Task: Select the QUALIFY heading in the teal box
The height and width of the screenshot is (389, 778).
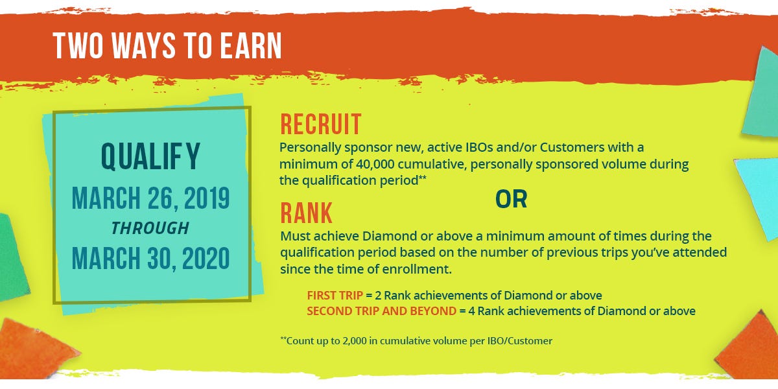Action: (x=150, y=157)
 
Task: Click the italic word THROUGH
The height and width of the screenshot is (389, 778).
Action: (x=150, y=228)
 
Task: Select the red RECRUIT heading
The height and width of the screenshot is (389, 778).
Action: (x=320, y=124)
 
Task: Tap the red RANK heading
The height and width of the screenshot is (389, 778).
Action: (x=306, y=213)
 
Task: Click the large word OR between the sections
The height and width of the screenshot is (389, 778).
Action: (x=511, y=199)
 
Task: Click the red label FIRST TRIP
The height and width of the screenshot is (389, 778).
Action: (x=335, y=295)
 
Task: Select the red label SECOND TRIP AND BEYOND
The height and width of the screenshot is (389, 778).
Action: (x=381, y=311)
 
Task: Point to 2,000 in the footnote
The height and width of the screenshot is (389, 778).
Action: (x=355, y=341)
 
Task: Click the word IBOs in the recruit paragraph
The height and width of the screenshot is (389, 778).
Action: (x=479, y=147)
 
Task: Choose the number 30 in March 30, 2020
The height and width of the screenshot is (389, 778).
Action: (x=160, y=258)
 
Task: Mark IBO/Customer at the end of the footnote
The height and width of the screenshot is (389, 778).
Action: (x=519, y=341)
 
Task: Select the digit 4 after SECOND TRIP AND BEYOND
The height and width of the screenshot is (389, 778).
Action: (x=471, y=311)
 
